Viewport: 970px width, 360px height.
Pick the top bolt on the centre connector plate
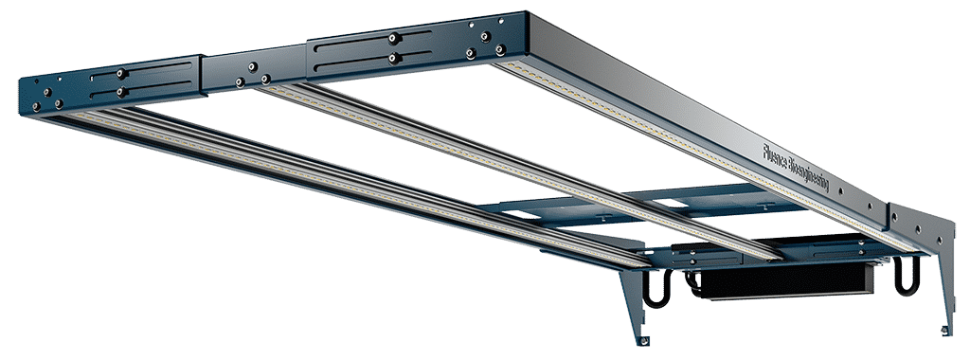pos(252,66)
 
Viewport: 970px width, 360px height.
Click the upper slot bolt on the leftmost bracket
pos(122,73)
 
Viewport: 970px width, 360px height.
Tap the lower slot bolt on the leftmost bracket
pos(124,92)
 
